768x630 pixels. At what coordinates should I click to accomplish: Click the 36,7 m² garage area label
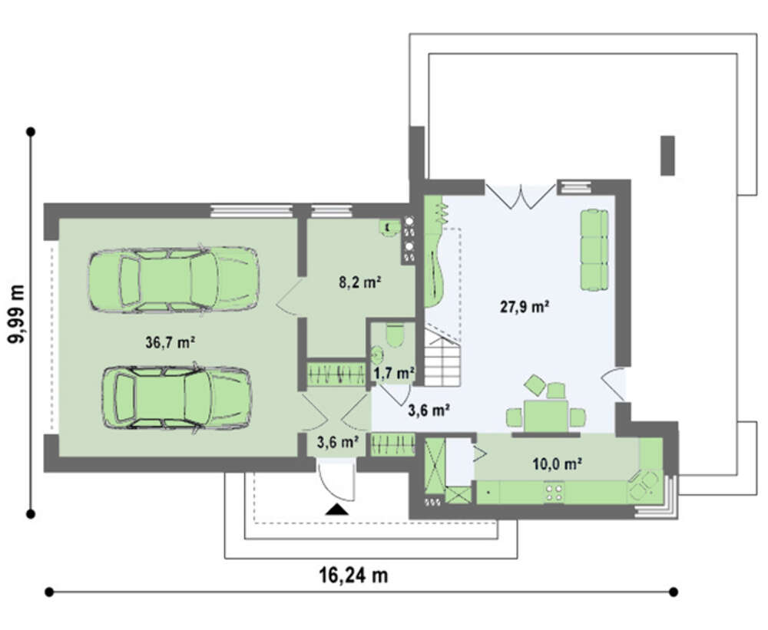170,342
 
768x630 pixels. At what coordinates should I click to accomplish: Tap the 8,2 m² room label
360,282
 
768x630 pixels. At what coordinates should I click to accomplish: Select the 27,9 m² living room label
524,307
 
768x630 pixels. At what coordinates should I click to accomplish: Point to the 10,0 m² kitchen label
557,463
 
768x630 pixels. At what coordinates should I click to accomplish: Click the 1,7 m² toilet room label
394,374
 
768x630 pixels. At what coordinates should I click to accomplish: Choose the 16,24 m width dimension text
353,575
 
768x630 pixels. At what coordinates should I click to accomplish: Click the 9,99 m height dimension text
18,314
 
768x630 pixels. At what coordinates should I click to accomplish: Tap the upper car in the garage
174,279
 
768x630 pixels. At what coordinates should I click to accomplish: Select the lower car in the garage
177,397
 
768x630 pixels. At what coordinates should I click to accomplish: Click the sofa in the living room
594,249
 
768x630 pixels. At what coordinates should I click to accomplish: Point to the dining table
546,417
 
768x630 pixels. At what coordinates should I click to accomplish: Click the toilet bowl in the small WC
393,335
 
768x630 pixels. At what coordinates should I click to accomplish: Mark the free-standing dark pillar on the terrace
667,156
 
